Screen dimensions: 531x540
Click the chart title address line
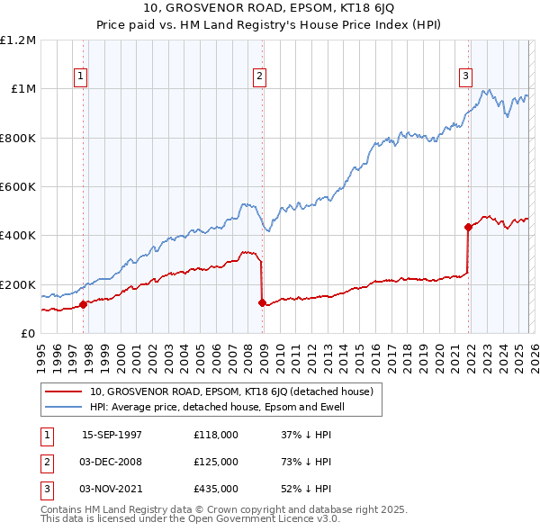coord(269,9)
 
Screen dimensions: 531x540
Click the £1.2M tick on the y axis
coord(18,40)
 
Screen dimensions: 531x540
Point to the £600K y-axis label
coord(18,187)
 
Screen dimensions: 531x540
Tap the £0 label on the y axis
coord(28,334)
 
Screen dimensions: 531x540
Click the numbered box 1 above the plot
coord(81,77)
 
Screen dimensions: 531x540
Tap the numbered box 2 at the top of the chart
coord(259,77)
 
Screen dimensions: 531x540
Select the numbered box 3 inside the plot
coord(466,77)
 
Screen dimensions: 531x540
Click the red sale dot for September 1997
coord(84,304)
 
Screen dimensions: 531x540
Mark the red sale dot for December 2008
coord(262,302)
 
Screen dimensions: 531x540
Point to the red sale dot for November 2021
coord(468,227)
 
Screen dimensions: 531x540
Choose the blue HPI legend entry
coord(217,407)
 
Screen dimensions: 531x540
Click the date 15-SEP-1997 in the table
coord(112,435)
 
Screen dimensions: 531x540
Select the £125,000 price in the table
coord(216,462)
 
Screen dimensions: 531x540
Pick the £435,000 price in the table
coord(216,489)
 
